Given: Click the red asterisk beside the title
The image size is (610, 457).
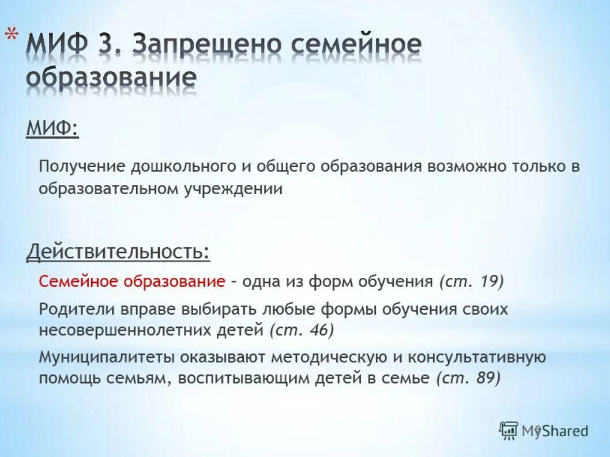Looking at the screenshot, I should point(11,35).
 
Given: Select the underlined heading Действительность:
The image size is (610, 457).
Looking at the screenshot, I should point(118,252).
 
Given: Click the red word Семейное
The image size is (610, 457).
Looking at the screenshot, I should point(78,282).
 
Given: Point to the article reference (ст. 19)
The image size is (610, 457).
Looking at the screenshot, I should point(471,282).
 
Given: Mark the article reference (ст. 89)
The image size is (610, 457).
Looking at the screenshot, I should point(468,378).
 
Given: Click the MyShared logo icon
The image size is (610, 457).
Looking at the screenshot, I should point(509,430).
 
